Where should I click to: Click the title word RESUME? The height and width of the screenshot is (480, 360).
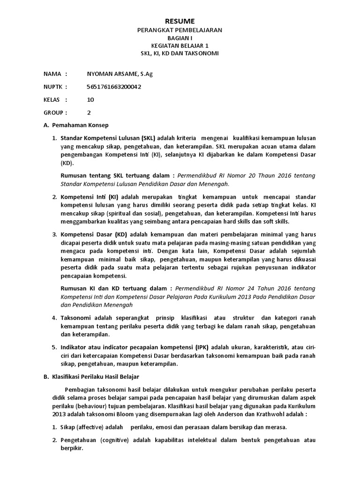pyautogui.click(x=180, y=21)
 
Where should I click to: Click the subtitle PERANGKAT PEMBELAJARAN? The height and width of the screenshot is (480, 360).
pyautogui.click(x=180, y=30)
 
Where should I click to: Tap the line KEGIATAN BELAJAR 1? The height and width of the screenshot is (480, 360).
pyautogui.click(x=180, y=45)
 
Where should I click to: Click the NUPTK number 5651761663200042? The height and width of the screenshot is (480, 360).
pyautogui.click(x=114, y=87)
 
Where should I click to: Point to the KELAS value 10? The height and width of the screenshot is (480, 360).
pyautogui.click(x=90, y=99)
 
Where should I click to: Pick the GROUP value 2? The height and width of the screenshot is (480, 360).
pyautogui.click(x=89, y=112)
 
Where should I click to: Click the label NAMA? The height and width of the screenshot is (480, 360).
pyautogui.click(x=52, y=74)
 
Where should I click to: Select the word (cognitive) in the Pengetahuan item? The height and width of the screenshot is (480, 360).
pyautogui.click(x=115, y=440)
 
